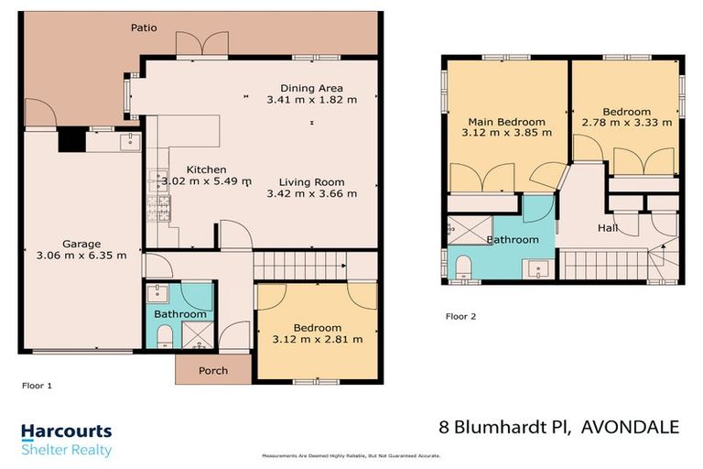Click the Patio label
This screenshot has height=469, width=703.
(x=143, y=27)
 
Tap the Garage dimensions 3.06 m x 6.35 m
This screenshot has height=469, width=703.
(x=81, y=256)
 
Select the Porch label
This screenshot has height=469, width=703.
(x=212, y=370)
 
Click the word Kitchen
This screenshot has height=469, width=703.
(x=206, y=169)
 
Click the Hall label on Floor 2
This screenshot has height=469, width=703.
(x=608, y=228)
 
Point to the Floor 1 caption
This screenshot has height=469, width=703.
(x=37, y=387)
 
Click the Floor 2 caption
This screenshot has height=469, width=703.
(x=461, y=317)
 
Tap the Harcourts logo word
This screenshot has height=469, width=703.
(x=66, y=431)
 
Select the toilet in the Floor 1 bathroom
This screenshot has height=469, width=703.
(x=165, y=340)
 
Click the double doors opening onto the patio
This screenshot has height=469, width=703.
(x=202, y=43)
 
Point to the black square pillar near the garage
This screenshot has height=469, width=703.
(x=70, y=139)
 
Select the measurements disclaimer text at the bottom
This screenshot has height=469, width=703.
(x=351, y=455)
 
